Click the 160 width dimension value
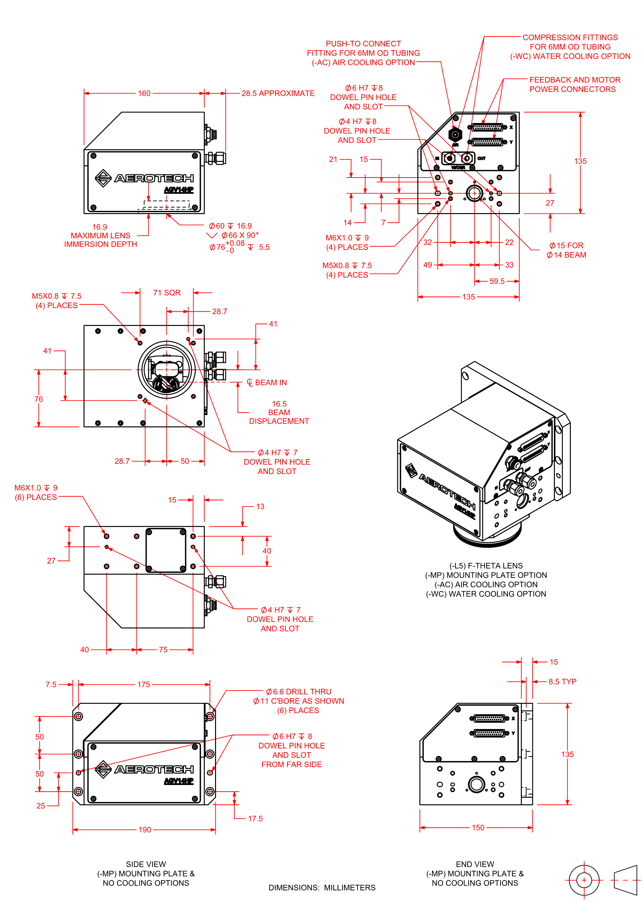coord(144,94)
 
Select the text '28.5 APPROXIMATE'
coord(278,94)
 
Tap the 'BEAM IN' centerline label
coord(271,383)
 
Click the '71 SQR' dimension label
coord(167,293)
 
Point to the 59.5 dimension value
coord(497,281)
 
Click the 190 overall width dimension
coord(145,830)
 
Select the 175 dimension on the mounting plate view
coord(144,684)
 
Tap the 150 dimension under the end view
coord(478,827)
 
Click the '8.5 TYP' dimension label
coord(562,682)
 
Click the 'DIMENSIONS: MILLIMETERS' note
coord(322,887)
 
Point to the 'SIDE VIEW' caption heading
coord(146,864)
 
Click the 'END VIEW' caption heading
coord(475,864)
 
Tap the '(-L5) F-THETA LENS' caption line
coord(486,566)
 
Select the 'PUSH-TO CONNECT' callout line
coord(363,44)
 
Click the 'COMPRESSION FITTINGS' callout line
coord(570,38)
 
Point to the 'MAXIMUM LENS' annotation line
coord(100,236)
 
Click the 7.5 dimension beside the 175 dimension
coord(51,684)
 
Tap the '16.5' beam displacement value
coord(279,404)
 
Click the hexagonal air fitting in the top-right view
coord(455,135)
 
